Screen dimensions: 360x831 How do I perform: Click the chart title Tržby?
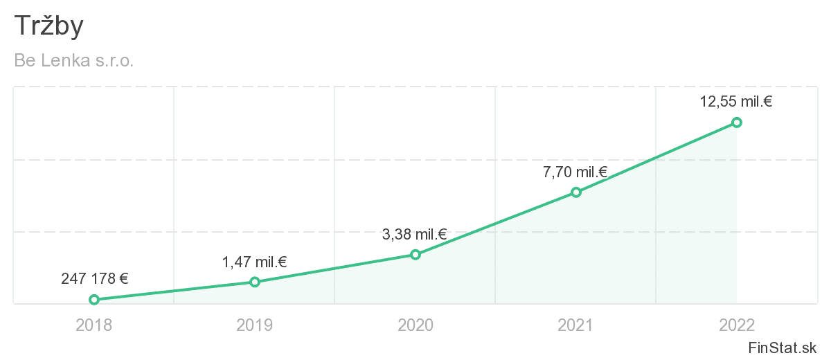click(48, 26)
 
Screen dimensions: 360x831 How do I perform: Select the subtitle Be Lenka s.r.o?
click(73, 61)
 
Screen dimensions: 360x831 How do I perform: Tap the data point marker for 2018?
click(94, 300)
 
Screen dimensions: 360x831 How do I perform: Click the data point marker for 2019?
click(255, 282)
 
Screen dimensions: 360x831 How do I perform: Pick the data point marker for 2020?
click(415, 255)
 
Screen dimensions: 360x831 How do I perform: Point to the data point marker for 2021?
click(576, 192)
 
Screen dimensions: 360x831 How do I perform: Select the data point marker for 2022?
click(737, 123)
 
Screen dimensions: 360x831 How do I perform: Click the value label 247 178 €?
click(95, 279)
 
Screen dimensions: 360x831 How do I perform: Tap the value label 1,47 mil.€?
click(254, 262)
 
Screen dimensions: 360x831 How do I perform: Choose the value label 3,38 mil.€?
click(415, 235)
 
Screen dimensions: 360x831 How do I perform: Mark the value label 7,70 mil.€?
click(575, 172)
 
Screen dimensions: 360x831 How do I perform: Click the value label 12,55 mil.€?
click(736, 102)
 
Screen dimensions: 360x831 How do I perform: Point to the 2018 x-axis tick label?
click(94, 325)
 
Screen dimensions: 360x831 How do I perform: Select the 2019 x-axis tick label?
click(255, 325)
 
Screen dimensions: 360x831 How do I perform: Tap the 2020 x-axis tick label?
click(415, 325)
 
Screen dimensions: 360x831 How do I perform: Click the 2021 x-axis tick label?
click(576, 325)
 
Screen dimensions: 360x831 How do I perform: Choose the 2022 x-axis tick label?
click(737, 325)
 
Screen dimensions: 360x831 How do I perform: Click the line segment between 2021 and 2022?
click(656, 157)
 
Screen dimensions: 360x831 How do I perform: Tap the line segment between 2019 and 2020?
click(335, 269)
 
